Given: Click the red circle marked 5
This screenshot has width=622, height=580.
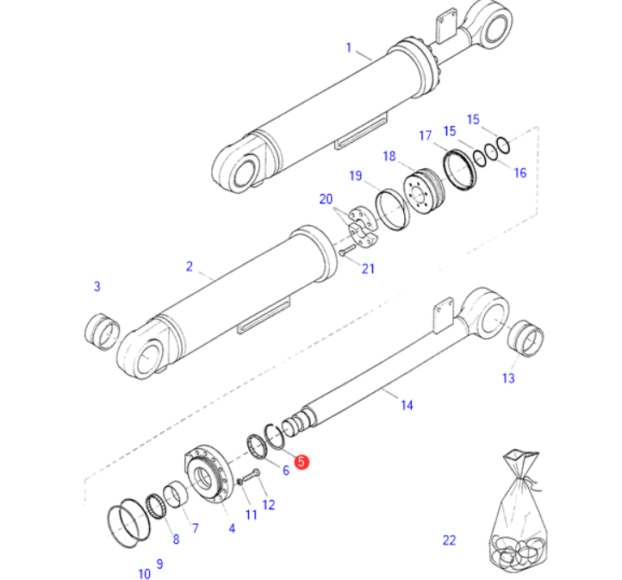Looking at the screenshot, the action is tap(302, 462).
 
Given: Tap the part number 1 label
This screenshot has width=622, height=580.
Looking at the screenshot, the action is tap(349, 47).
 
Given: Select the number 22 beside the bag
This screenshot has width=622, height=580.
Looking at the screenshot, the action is tap(450, 540).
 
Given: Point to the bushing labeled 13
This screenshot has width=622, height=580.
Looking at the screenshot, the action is tap(526, 339).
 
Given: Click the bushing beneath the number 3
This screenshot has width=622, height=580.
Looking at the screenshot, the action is tap(102, 332).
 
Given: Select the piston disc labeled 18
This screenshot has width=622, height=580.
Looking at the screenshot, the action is tap(424, 191).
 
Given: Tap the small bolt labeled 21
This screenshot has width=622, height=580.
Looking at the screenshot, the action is tap(347, 250).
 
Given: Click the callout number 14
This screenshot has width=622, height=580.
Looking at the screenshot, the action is tap(407, 405).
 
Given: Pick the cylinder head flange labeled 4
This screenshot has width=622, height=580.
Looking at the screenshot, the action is tap(207, 475).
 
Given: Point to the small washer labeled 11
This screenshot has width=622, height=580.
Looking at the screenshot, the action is tap(239, 482).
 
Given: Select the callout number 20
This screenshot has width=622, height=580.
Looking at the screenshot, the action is tap(326, 199).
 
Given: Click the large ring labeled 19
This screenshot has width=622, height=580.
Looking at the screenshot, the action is tap(392, 210).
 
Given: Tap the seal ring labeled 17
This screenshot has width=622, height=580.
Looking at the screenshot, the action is tap(459, 170).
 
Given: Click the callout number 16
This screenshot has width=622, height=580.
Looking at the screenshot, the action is tap(520, 172).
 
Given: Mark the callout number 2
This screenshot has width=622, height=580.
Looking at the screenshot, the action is tap(190, 266).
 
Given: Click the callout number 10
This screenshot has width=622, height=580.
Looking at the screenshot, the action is tap(145, 574).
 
